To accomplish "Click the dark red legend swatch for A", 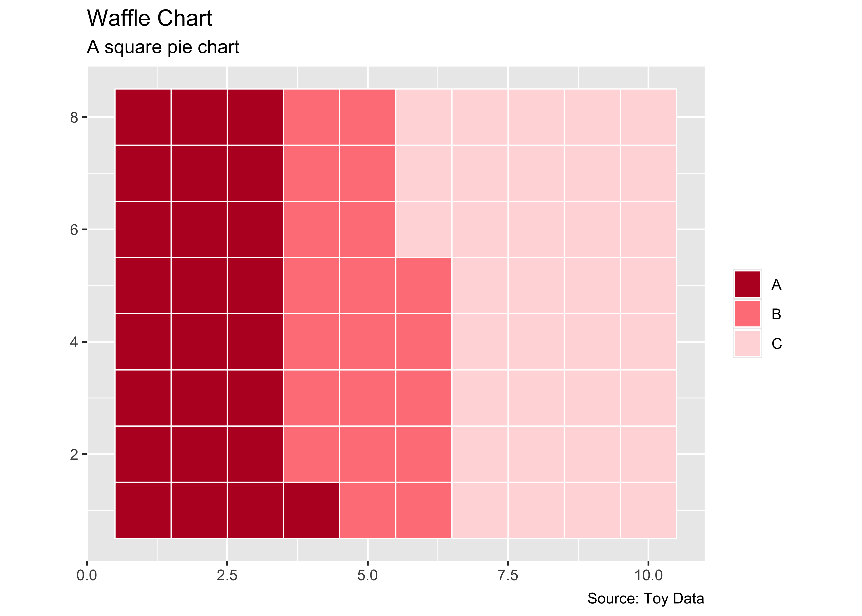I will coord(747,284).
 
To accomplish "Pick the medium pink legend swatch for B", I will coord(747,314).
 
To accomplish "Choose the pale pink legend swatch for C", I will coord(747,343).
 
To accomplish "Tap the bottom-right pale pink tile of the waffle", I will coord(648,510).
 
